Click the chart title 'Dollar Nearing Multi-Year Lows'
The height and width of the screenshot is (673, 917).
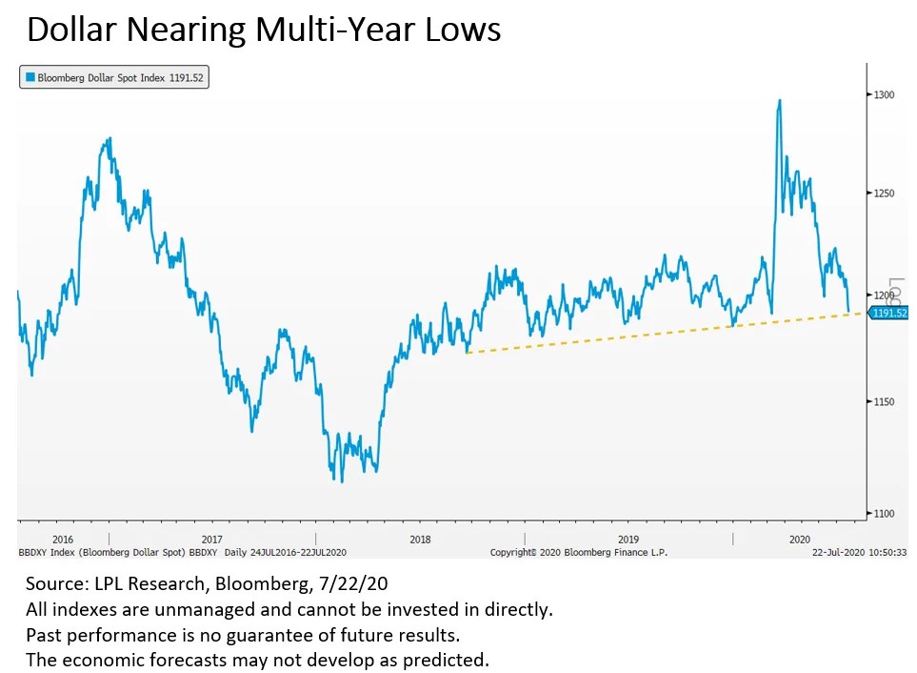[x=264, y=30]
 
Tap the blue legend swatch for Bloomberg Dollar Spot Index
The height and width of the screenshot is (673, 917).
[x=30, y=78]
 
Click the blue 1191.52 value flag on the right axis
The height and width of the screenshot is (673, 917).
[x=888, y=313]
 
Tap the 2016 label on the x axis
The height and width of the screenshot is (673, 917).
[x=63, y=539]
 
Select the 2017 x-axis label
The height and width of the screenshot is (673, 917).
[x=211, y=539]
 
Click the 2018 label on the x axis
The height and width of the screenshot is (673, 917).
[x=420, y=539]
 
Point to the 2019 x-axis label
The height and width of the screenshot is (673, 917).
[x=628, y=539]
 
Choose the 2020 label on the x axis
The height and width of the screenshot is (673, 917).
[x=800, y=539]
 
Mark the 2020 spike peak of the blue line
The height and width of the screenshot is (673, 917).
[x=780, y=100]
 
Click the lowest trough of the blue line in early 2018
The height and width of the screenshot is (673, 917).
[x=342, y=480]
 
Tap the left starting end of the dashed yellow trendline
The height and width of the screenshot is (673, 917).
[x=467, y=353]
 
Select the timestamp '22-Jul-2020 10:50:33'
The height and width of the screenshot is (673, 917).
[x=859, y=552]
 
